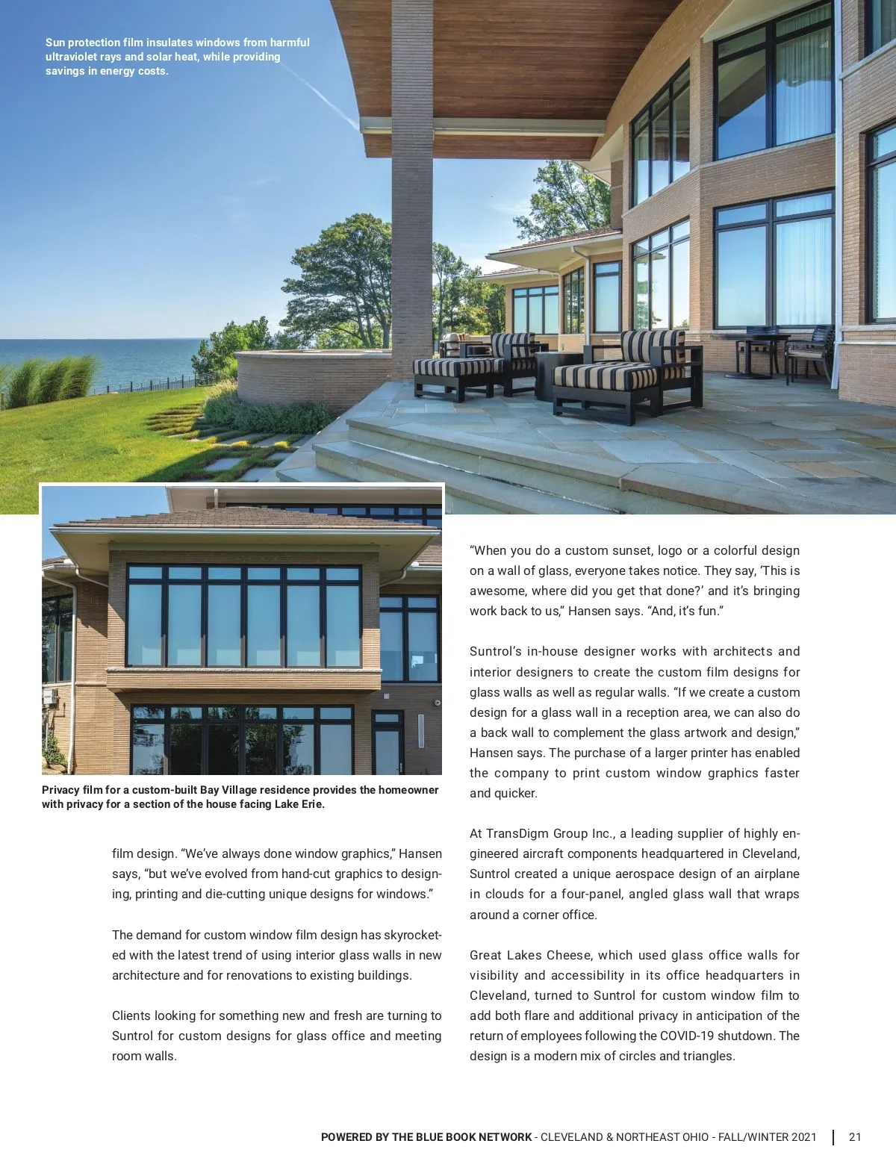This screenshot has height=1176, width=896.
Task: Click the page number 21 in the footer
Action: pos(855,1137)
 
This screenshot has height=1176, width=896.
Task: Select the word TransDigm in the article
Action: pos(515,833)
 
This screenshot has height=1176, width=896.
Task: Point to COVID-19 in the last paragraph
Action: pos(689,1036)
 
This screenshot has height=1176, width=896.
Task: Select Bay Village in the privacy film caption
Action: pos(228,790)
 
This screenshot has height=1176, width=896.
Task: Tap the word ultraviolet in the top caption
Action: pos(71,57)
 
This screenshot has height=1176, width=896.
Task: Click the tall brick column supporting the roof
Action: pos(411,187)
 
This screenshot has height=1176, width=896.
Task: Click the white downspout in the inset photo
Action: pos(72,672)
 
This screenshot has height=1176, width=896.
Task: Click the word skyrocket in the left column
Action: pos(411,935)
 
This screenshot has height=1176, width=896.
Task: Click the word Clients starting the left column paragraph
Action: pos(131,1015)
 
